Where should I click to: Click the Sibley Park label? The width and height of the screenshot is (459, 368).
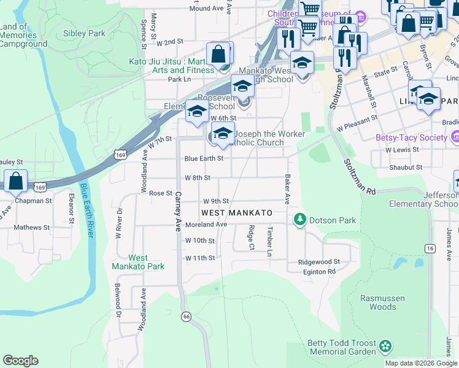tap(88, 33)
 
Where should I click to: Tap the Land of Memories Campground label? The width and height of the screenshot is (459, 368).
tap(23, 35)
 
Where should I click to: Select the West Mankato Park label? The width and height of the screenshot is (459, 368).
tap(129, 262)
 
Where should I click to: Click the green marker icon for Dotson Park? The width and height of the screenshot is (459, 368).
tap(299, 218)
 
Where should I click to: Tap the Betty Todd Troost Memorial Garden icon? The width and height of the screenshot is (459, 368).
tap(385, 347)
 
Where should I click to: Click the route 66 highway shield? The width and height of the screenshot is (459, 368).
tap(185, 316)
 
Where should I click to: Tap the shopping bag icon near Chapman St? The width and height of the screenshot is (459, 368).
tap(16, 181)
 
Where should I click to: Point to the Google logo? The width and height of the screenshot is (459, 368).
tap(20, 361)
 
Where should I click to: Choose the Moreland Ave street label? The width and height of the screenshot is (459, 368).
tap(207, 225)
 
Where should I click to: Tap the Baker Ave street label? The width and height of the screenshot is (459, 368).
tap(286, 190)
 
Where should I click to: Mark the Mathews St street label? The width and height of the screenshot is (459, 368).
tap(32, 227)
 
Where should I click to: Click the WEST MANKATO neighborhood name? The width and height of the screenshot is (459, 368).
tap(237, 212)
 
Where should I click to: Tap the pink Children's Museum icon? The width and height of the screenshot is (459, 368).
tap(361, 15)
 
